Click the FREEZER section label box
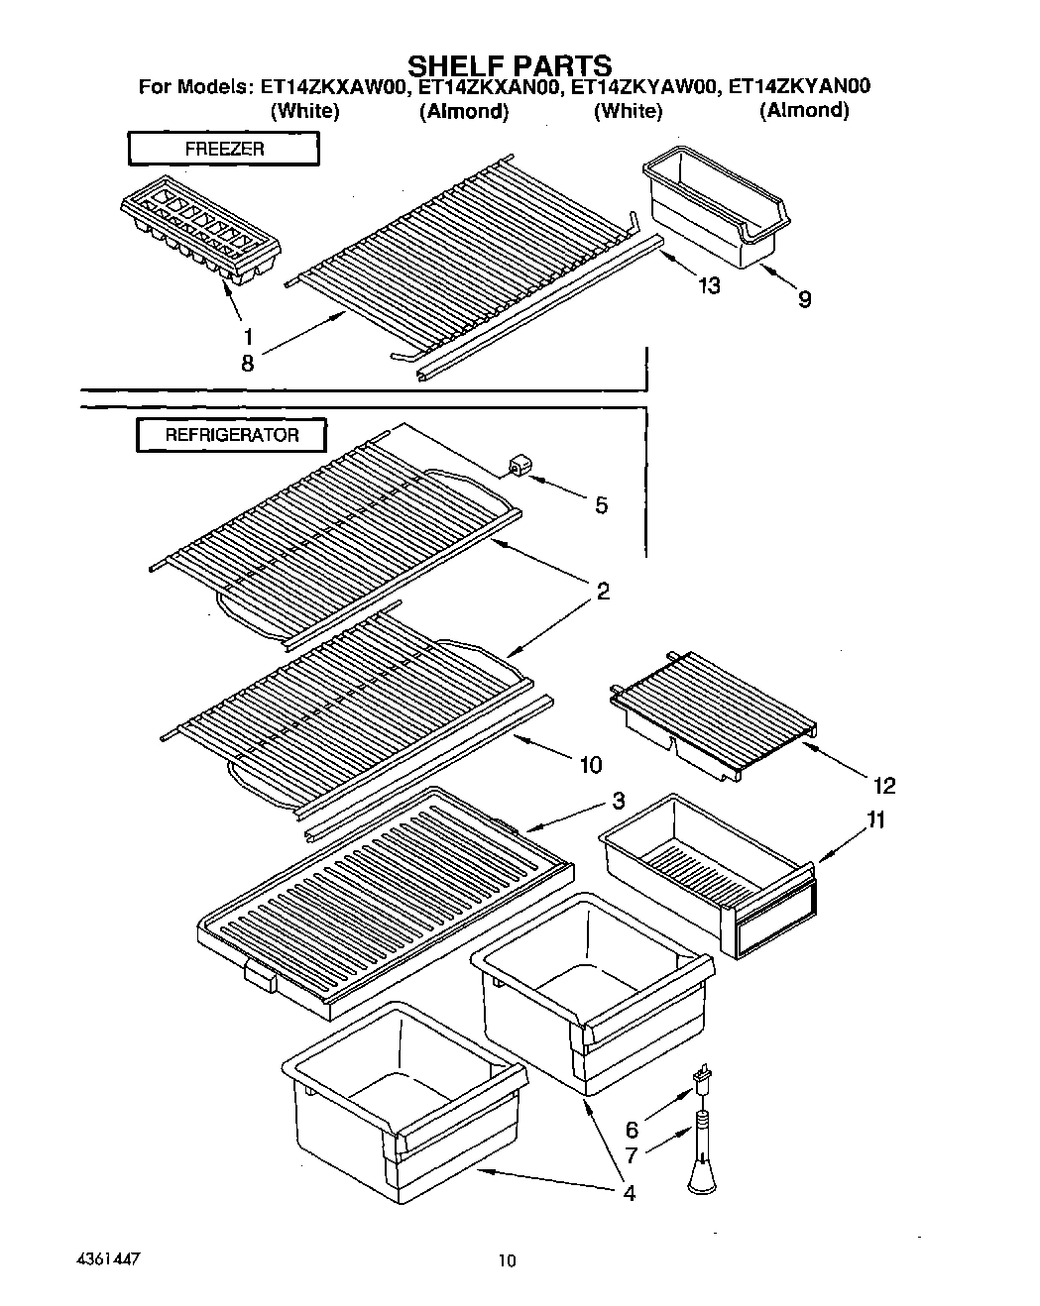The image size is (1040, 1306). (x=224, y=149)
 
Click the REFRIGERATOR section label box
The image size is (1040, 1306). (x=231, y=435)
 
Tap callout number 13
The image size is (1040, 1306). (x=708, y=286)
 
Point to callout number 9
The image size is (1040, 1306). (x=804, y=299)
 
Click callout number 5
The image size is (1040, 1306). (x=601, y=505)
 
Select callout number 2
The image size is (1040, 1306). (x=602, y=592)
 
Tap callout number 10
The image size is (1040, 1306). (x=590, y=764)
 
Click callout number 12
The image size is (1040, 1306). (x=883, y=786)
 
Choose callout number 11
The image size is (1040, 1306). (x=875, y=820)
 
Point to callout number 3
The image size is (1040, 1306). (x=618, y=800)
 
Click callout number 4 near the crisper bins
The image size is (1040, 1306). (x=629, y=1193)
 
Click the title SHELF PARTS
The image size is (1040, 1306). (x=511, y=65)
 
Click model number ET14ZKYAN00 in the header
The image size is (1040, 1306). (x=799, y=87)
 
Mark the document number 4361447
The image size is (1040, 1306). (x=107, y=1259)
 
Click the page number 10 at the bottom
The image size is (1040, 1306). (x=507, y=1261)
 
